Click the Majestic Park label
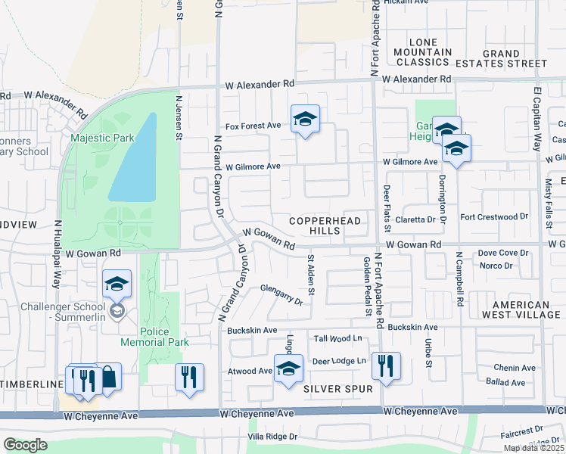(x=101, y=138)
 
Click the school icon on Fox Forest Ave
(x=305, y=119)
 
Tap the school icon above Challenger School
(x=117, y=284)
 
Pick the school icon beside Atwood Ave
(x=288, y=368)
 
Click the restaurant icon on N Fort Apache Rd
(x=386, y=366)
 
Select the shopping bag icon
(x=108, y=377)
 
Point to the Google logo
(x=25, y=445)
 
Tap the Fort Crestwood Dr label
(x=493, y=216)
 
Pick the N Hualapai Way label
(x=57, y=253)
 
